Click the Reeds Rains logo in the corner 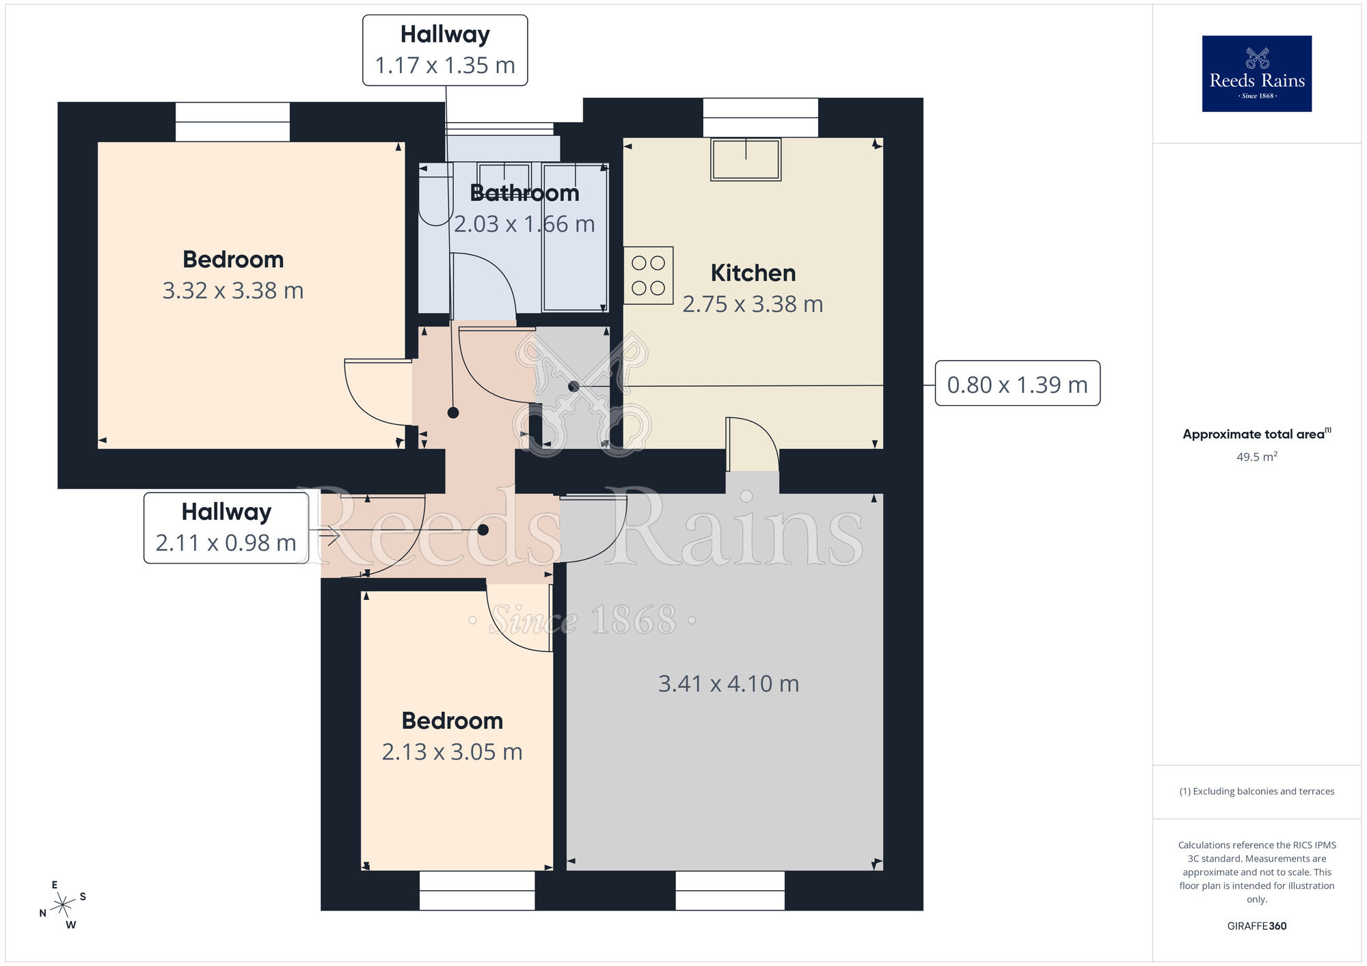click(x=1256, y=74)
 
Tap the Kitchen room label click(x=753, y=273)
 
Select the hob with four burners click(x=648, y=275)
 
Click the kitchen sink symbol click(x=745, y=159)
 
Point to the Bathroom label click(x=524, y=193)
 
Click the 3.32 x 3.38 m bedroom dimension click(x=232, y=291)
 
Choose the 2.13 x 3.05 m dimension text click(x=452, y=752)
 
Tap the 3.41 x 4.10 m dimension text click(x=728, y=684)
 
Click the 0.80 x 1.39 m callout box click(x=1016, y=384)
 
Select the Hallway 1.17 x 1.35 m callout click(x=445, y=51)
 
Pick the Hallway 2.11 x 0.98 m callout click(x=226, y=528)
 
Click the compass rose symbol click(x=63, y=905)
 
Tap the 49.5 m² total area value click(x=1256, y=457)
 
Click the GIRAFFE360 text click(x=1256, y=926)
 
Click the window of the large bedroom click(x=232, y=122)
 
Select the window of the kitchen click(x=760, y=118)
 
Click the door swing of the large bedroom click(x=376, y=393)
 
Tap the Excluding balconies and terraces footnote click(x=1256, y=791)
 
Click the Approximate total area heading click(x=1256, y=434)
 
